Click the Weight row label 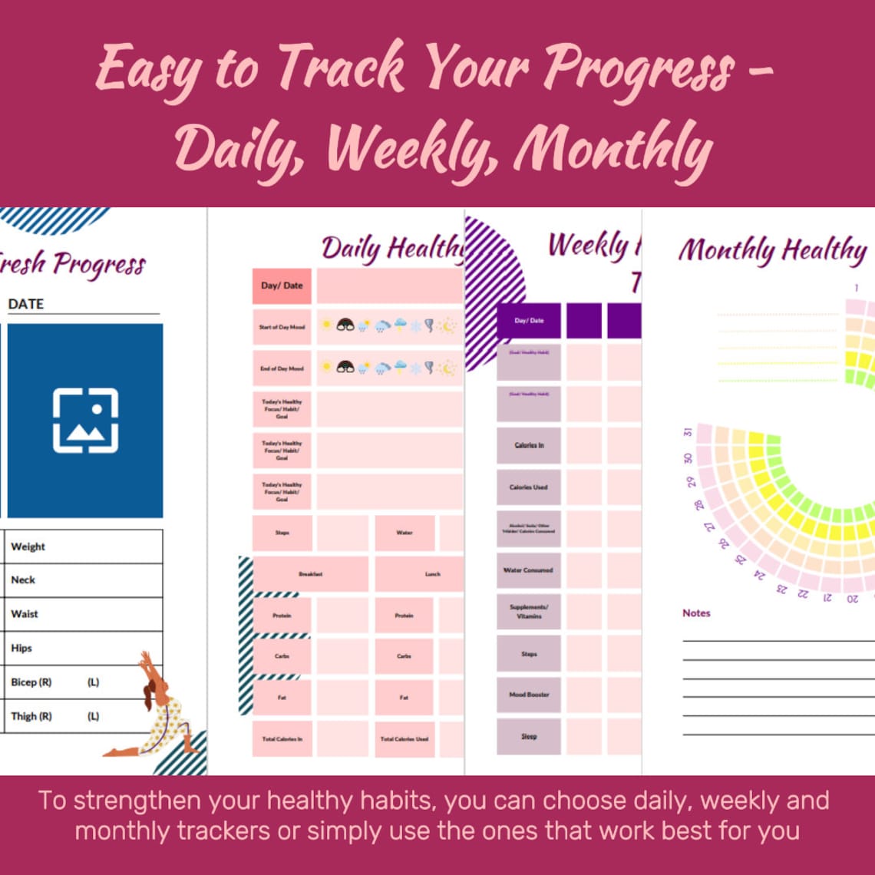pyautogui.click(x=28, y=546)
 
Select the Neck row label pyautogui.click(x=23, y=580)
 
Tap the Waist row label pyautogui.click(x=25, y=614)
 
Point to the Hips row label pyautogui.click(x=21, y=649)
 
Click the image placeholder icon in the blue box pyautogui.click(x=85, y=421)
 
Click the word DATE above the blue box pyautogui.click(x=26, y=304)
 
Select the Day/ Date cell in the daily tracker pyautogui.click(x=282, y=286)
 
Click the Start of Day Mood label pyautogui.click(x=282, y=327)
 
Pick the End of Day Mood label pyautogui.click(x=282, y=368)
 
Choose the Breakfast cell pyautogui.click(x=310, y=574)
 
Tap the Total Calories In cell pyautogui.click(x=282, y=739)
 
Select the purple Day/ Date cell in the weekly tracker pyautogui.click(x=529, y=321)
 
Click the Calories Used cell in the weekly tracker pyautogui.click(x=529, y=487)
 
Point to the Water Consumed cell pyautogui.click(x=529, y=570)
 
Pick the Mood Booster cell pyautogui.click(x=529, y=695)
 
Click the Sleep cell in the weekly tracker pyautogui.click(x=529, y=736)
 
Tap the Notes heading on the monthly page pyautogui.click(x=696, y=613)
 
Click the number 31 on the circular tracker pyautogui.click(x=688, y=431)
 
